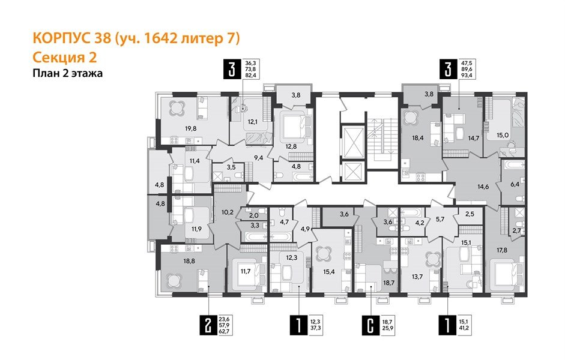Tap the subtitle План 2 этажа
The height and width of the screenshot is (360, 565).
[67, 74]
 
